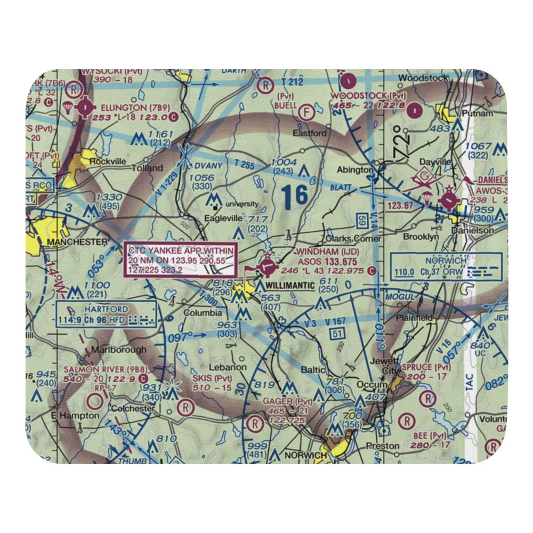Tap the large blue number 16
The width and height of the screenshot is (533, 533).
(x=295, y=196)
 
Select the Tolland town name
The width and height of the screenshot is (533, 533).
(x=147, y=168)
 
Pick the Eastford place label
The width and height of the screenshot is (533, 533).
(x=311, y=133)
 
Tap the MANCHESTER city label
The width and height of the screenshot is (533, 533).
(x=77, y=242)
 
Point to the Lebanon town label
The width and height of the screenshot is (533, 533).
(x=228, y=367)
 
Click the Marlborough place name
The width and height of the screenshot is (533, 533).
(x=118, y=350)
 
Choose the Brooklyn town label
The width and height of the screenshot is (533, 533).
(x=422, y=236)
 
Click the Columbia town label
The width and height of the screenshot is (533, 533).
(x=203, y=313)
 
